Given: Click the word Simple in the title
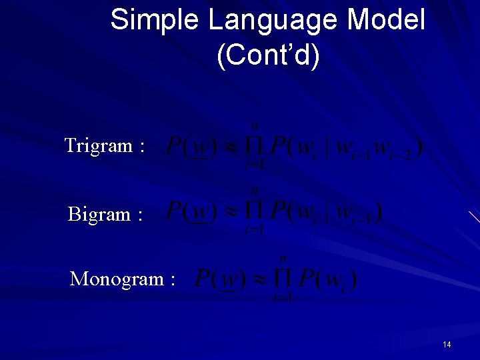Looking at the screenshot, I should coord(155,20).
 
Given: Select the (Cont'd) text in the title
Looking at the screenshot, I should coord(268,56).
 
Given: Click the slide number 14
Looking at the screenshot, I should coord(447,344).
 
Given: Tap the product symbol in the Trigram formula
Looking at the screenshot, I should coord(254,147).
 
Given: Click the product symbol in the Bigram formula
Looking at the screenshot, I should coord(254,213).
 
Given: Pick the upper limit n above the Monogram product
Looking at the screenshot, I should coord(283,259).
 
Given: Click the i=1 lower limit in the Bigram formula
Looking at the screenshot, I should coord(254,230).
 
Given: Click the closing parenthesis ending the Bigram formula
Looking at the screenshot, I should coord(378,213).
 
